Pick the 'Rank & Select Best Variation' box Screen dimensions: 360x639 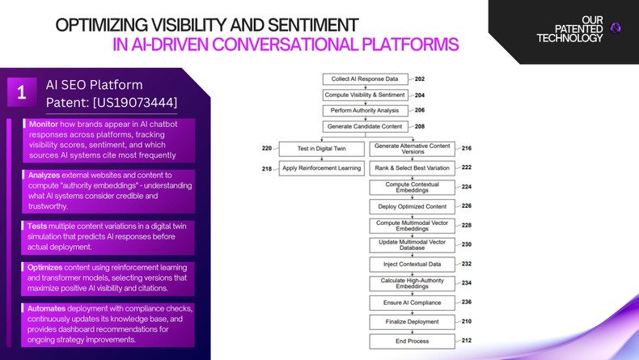412,168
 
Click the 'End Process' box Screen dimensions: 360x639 412,341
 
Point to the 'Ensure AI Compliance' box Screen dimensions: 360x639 412,302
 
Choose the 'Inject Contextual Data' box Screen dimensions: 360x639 412,264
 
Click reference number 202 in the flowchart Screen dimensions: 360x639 419,79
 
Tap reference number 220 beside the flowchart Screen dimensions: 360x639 267,149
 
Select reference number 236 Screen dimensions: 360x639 467,302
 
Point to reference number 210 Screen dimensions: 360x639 467,321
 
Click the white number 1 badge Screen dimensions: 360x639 22,93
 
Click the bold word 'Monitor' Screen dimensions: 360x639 44,124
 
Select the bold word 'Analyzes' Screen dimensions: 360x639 45,175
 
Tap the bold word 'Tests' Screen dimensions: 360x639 40,226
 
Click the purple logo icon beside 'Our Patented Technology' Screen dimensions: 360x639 616,28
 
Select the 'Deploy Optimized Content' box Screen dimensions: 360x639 412,206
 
